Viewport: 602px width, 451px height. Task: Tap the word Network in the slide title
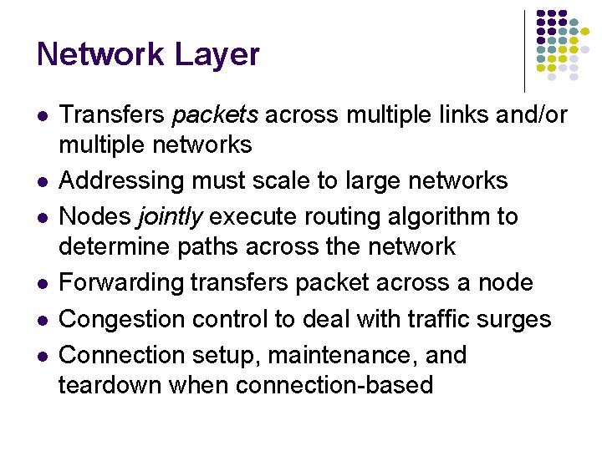(100, 55)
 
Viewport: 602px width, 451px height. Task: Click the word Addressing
(124, 181)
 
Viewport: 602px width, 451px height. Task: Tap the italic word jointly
(171, 217)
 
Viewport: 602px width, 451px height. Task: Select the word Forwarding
(121, 282)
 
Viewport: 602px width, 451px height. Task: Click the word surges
(522, 319)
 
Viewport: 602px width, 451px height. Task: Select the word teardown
(110, 385)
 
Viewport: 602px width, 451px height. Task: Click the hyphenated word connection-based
(334, 385)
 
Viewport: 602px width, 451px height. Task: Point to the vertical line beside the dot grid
(524, 50)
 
